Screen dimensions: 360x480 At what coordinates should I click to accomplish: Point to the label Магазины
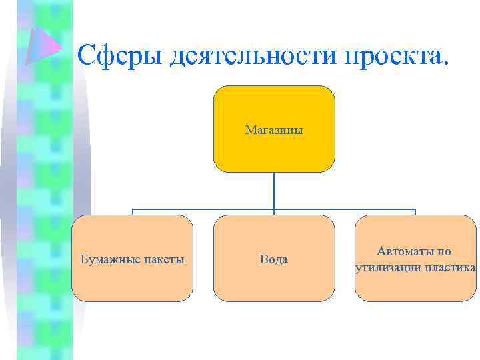pos(273,129)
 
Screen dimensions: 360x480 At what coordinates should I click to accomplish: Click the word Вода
pos(273,259)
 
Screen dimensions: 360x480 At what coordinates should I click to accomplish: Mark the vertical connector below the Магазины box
pos(274,190)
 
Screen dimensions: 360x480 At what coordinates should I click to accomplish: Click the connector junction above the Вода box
pos(274,209)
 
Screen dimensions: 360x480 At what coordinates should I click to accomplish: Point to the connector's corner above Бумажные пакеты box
pos(132,209)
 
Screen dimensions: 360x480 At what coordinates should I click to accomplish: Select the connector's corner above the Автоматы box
pos(415,209)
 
